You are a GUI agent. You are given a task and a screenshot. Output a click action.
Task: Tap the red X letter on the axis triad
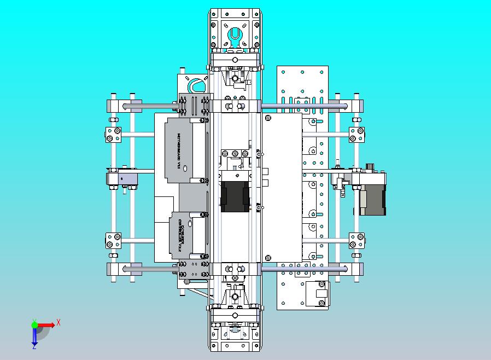[59, 322]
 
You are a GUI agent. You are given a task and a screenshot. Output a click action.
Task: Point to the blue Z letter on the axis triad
[34, 346]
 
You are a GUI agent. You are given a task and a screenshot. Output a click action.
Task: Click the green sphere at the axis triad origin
[34, 325]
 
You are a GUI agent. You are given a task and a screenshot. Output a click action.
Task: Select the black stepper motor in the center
[235, 196]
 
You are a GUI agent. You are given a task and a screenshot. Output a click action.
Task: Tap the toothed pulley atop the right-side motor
[370, 167]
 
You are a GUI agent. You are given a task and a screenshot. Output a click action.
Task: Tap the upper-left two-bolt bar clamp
[114, 133]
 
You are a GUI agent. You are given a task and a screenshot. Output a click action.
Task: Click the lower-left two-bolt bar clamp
[114, 240]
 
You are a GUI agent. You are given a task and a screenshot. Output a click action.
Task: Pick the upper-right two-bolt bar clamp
[356, 134]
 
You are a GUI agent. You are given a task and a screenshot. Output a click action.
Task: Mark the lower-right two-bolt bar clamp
[356, 240]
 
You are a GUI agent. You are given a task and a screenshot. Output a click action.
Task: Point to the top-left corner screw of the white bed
[268, 117]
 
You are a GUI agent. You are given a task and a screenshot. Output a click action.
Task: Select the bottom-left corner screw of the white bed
[268, 257]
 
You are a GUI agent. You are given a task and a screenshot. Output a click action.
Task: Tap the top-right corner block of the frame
[356, 104]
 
